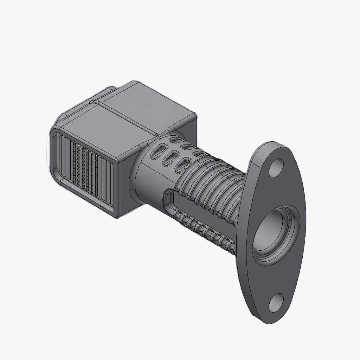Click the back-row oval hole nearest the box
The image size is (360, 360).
[x=173, y=140]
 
